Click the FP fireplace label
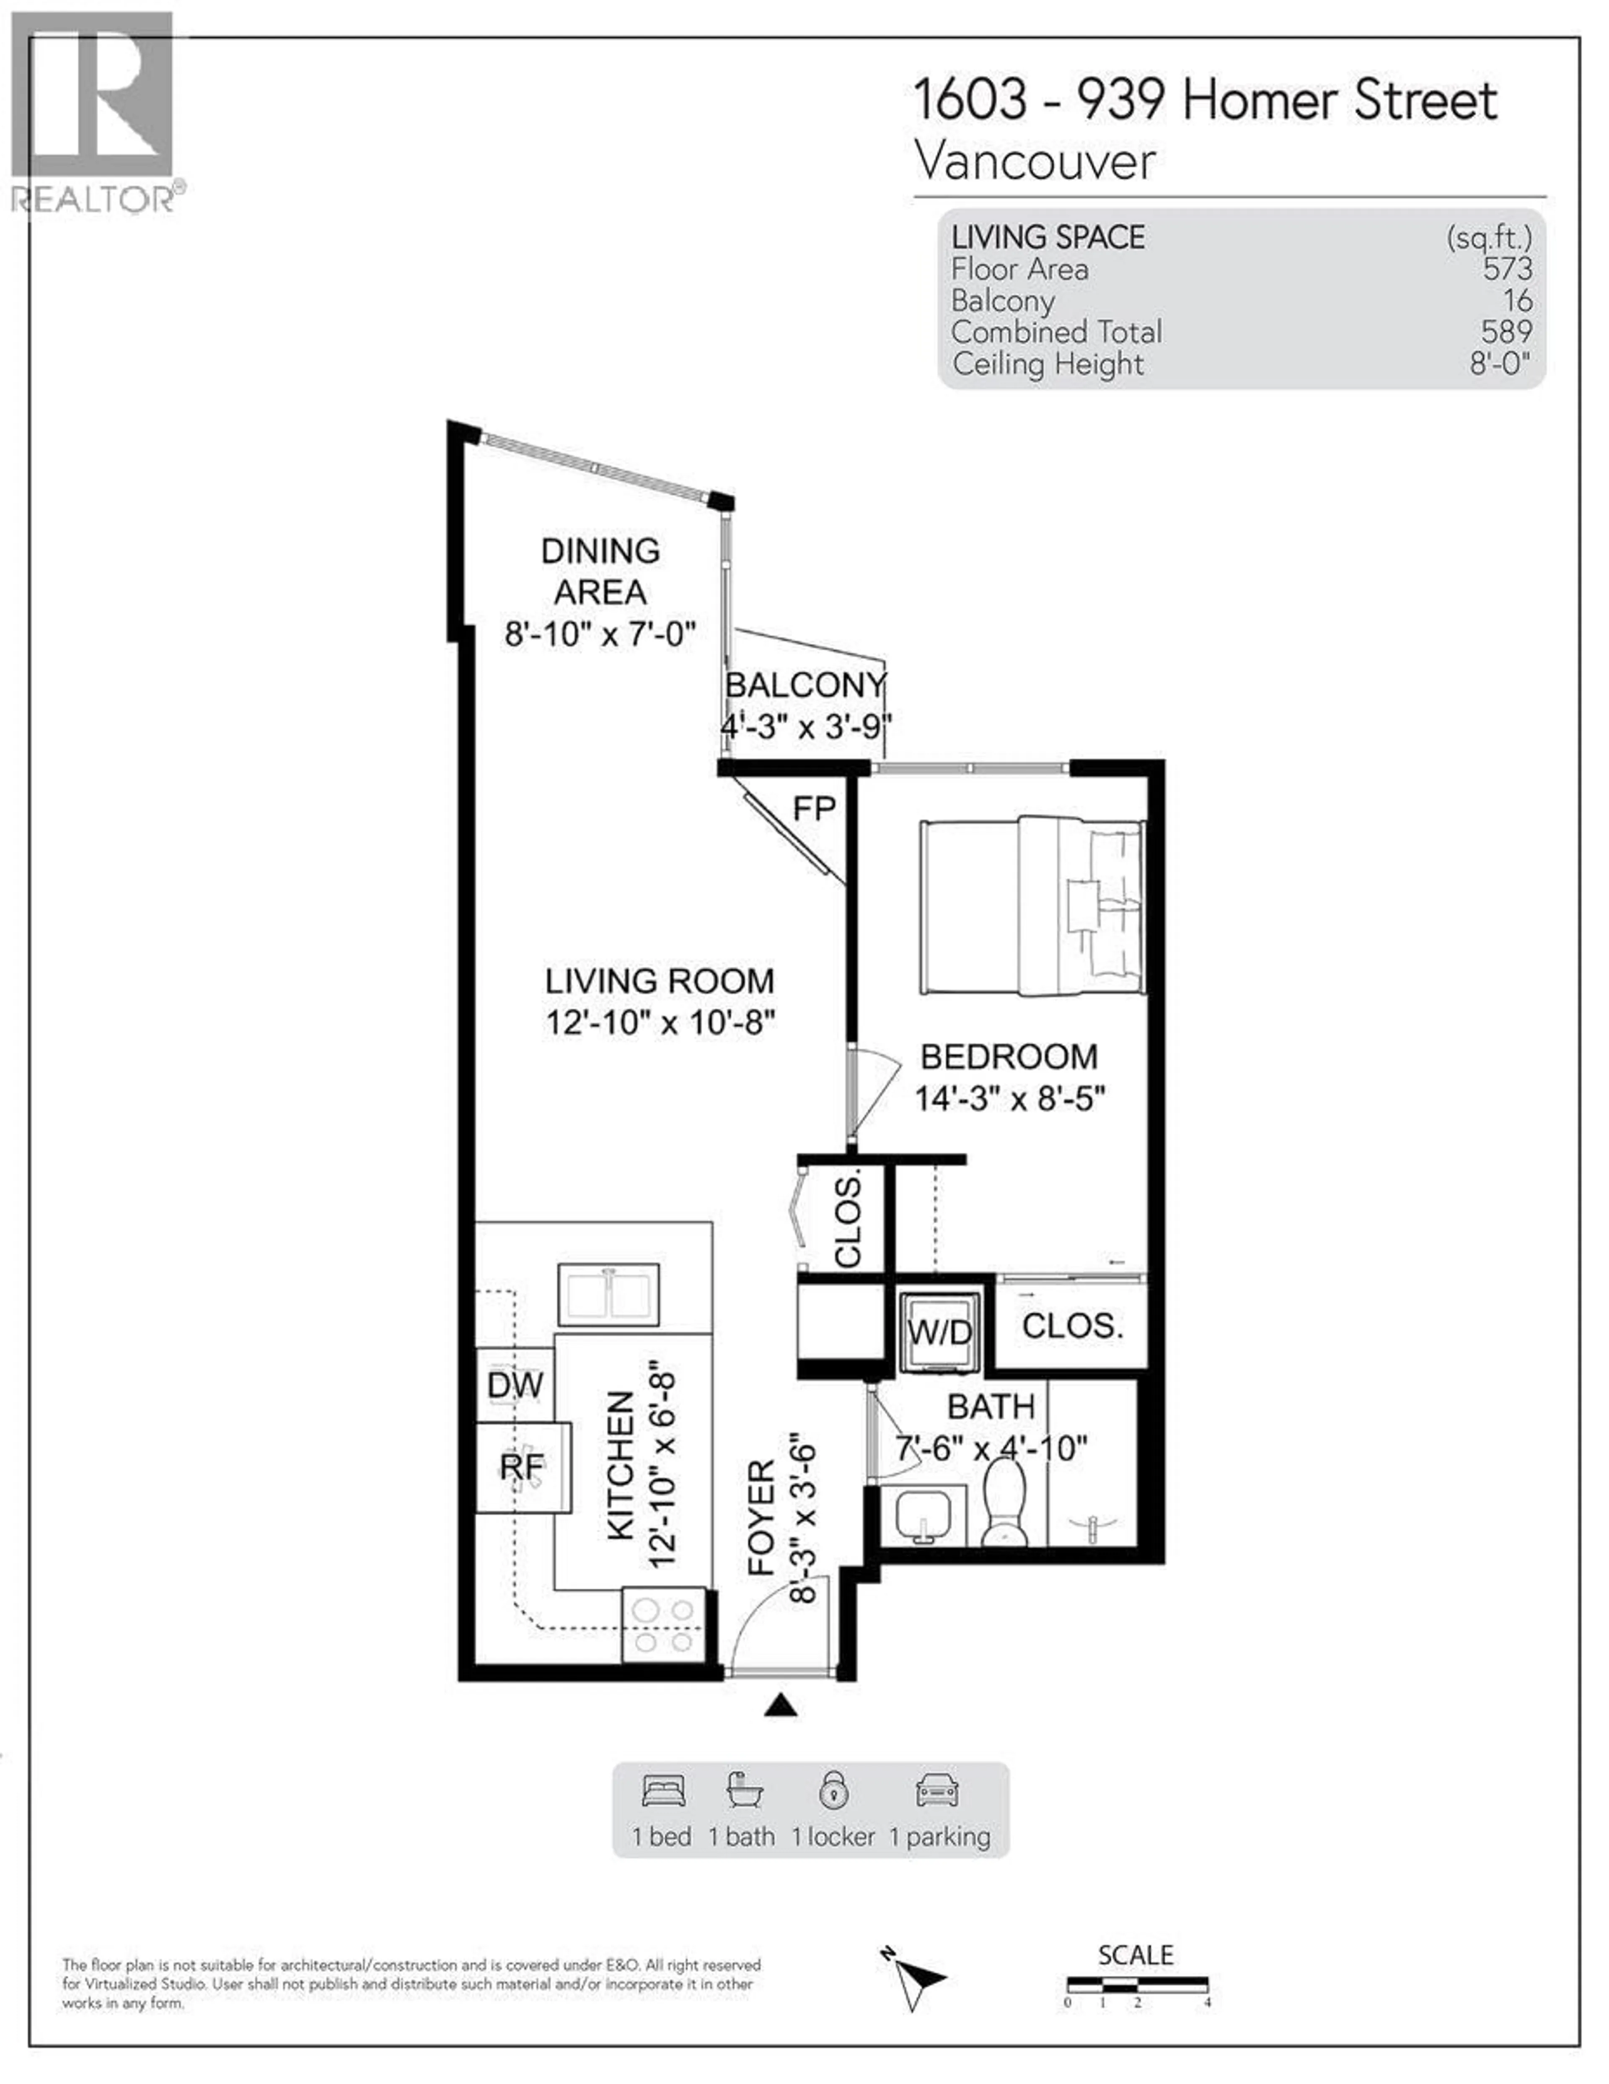click(x=814, y=809)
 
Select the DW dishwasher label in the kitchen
click(x=515, y=1386)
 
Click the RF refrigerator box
click(x=523, y=1466)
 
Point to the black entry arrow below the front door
click(x=780, y=1705)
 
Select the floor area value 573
click(x=1507, y=269)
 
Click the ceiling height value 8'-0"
click(x=1499, y=363)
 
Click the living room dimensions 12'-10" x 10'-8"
click(x=660, y=1023)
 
